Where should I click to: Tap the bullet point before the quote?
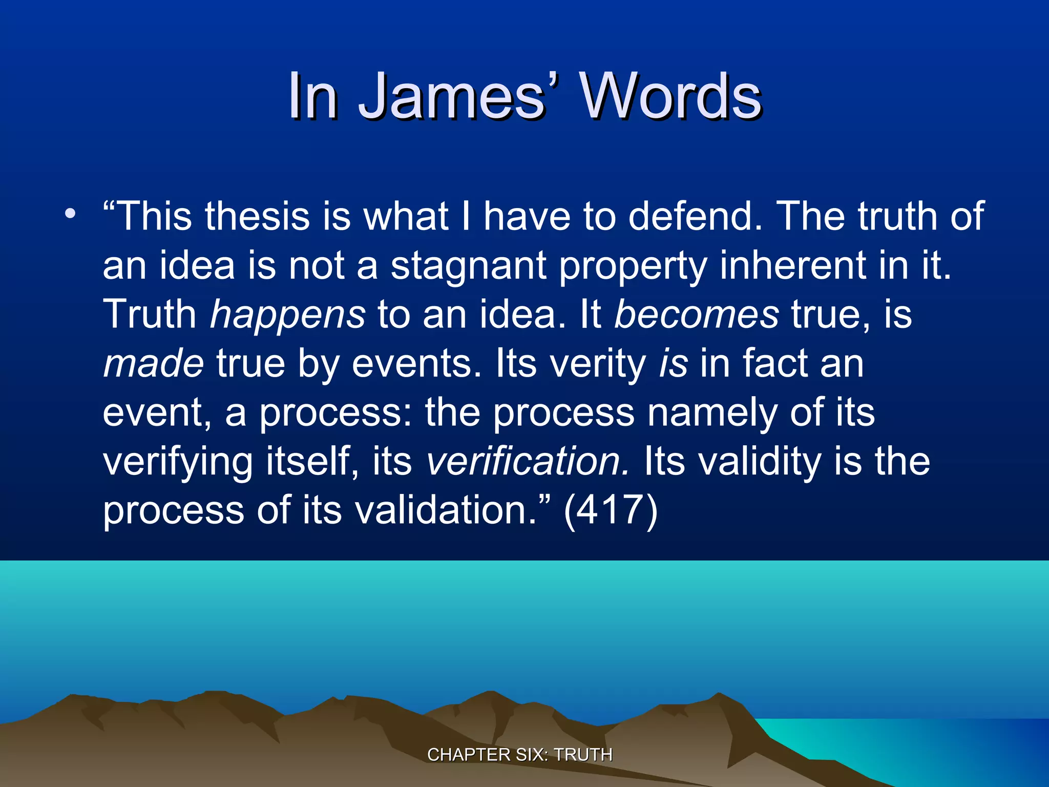(x=70, y=213)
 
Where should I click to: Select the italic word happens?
(x=288, y=314)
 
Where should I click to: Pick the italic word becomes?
(x=697, y=314)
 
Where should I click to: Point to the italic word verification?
(x=528, y=461)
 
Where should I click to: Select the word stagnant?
(x=468, y=265)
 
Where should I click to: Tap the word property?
(x=633, y=265)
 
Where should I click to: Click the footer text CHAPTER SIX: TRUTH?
(x=519, y=755)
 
